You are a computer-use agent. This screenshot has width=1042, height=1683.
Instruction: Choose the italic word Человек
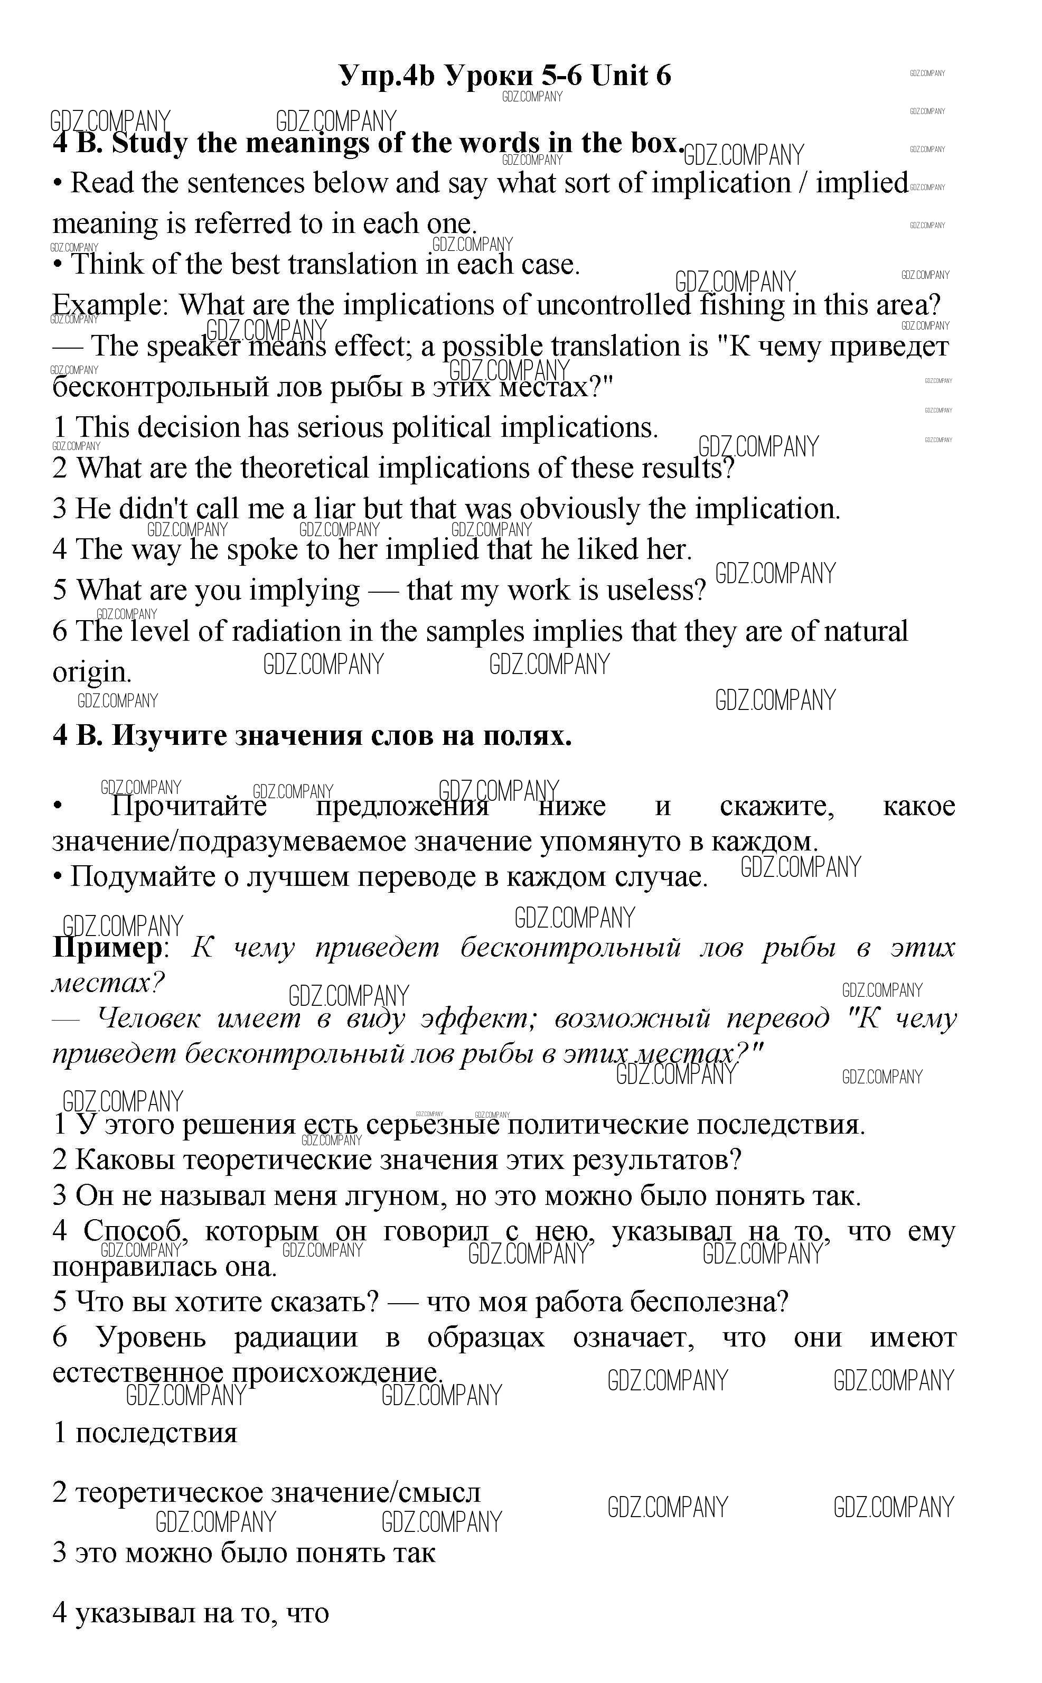(149, 1018)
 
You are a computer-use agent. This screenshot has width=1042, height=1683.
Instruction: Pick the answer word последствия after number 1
(156, 1432)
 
